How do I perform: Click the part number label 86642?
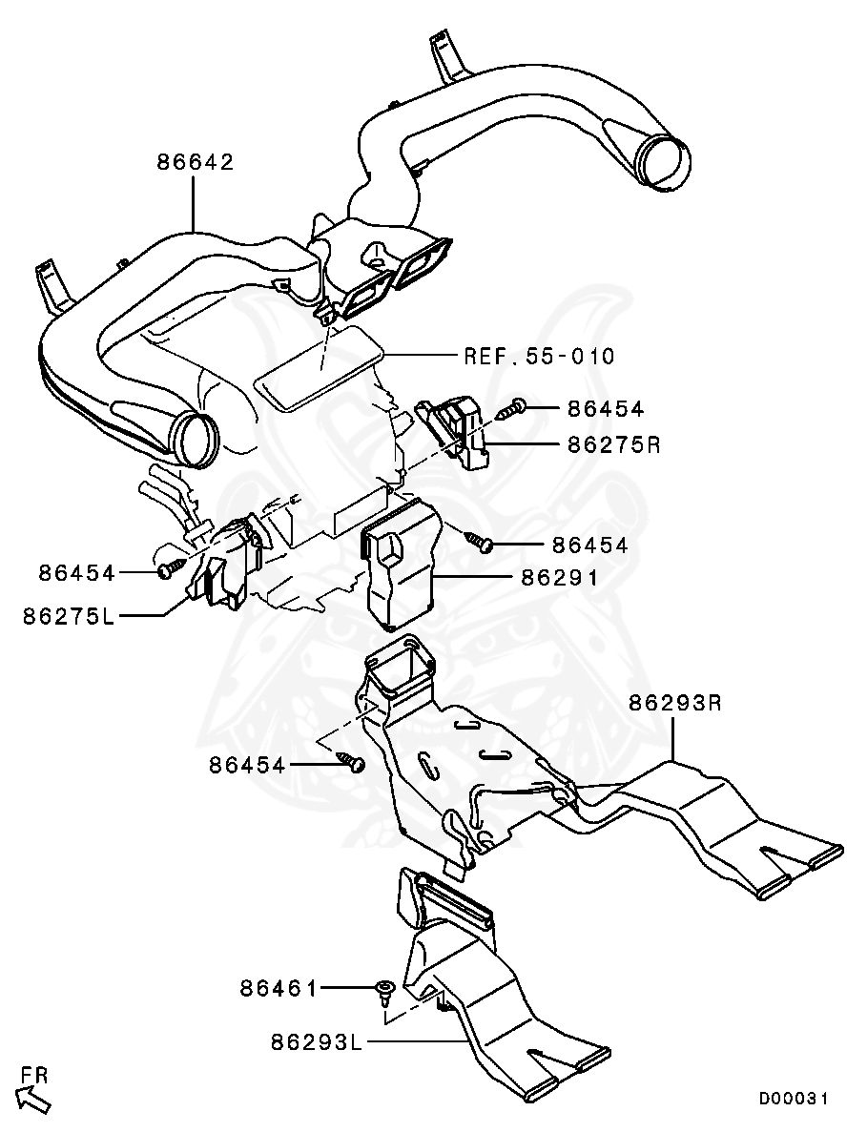196,162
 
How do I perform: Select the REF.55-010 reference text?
539,357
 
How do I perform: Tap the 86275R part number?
613,444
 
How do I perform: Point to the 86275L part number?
70,616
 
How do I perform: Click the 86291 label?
559,577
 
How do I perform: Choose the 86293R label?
674,704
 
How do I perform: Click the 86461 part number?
279,989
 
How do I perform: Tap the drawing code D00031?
794,1099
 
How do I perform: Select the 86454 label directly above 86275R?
606,409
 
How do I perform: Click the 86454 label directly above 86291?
589,545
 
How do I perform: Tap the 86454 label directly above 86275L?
77,573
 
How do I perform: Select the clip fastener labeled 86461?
386,992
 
